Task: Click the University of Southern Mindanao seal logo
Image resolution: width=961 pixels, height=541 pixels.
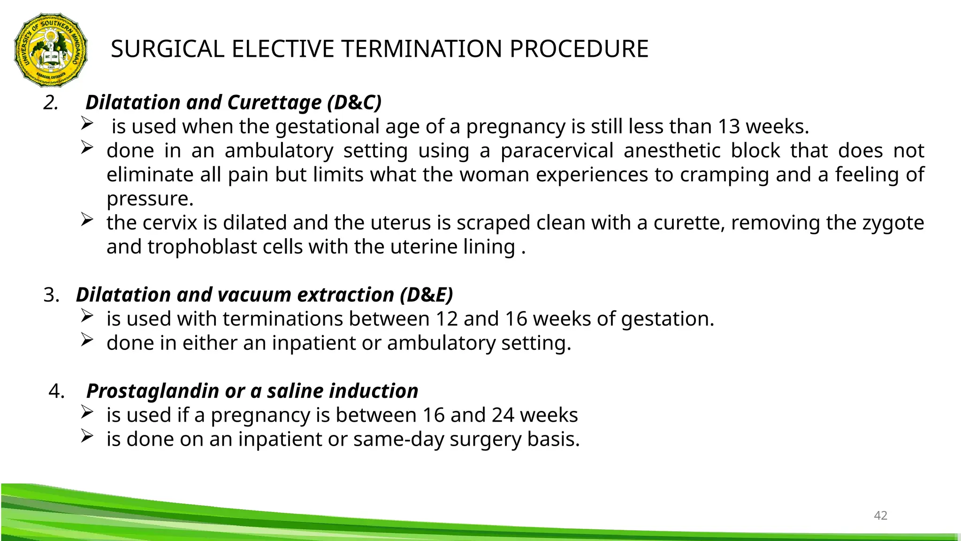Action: pyautogui.click(x=51, y=50)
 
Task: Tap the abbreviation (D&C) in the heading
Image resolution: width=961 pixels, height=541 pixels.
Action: pyautogui.click(x=354, y=102)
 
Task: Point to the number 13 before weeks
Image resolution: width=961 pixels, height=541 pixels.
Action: pyautogui.click(x=729, y=126)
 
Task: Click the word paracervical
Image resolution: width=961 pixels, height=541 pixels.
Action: pyautogui.click(x=557, y=151)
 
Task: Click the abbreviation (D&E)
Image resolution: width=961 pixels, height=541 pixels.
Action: pyautogui.click(x=427, y=295)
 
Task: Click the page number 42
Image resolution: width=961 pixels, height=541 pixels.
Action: pyautogui.click(x=880, y=516)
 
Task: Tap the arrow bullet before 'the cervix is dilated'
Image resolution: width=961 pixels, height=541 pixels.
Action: pyautogui.click(x=87, y=219)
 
